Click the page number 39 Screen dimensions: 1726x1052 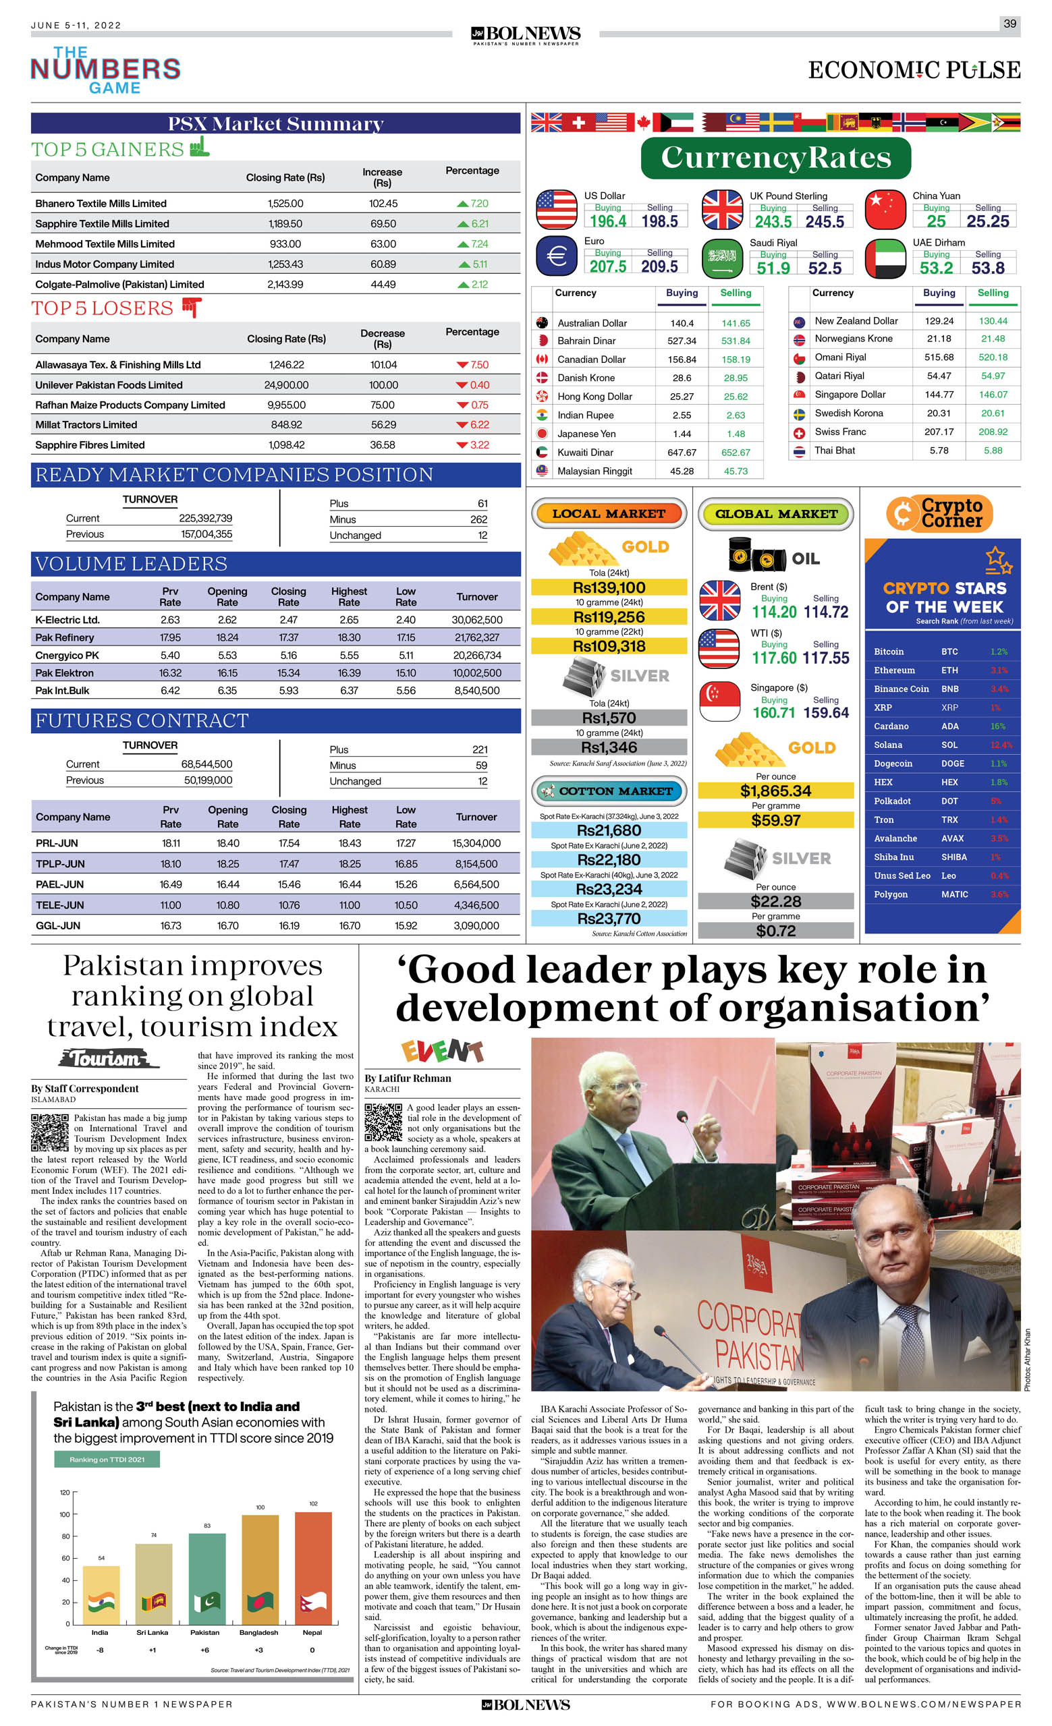click(x=1009, y=24)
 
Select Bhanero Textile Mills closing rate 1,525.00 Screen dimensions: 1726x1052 click(x=285, y=204)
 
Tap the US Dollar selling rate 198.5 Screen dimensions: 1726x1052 click(x=659, y=221)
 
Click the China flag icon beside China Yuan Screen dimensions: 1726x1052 click(x=885, y=210)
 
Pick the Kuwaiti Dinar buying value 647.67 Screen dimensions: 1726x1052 click(x=682, y=453)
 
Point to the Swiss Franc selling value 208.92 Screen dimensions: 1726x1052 click(x=993, y=432)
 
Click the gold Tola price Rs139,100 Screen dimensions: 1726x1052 click(x=609, y=587)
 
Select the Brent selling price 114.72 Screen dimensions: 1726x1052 click(x=826, y=612)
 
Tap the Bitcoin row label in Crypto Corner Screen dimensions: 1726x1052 click(x=889, y=652)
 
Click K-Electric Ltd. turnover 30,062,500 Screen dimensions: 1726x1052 click(x=476, y=620)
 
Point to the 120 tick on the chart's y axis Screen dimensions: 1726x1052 click(x=65, y=1493)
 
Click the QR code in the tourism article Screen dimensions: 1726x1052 click(x=50, y=1132)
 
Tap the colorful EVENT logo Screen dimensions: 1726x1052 click(x=441, y=1051)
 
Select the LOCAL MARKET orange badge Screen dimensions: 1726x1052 click(x=609, y=513)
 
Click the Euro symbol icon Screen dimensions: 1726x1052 click(x=557, y=256)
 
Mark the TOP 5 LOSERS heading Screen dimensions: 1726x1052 click(x=103, y=309)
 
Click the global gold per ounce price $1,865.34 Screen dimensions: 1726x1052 click(x=775, y=791)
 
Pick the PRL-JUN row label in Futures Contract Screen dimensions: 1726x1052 click(x=57, y=843)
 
